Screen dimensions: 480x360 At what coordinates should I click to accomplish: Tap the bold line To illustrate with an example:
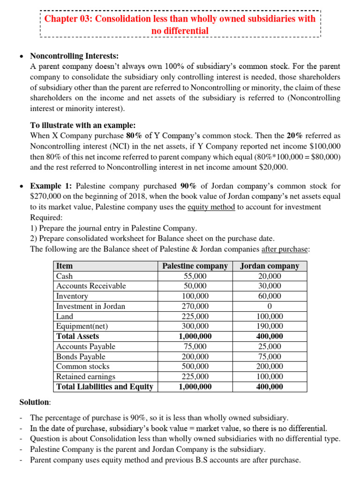tap(83, 126)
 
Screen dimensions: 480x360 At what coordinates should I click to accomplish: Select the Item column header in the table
tap(64, 266)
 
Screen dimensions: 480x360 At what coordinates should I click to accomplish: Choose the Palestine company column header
tap(195, 266)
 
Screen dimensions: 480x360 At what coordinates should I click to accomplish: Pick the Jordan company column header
tap(270, 266)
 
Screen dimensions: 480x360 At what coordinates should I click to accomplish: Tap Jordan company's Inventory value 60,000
tap(270, 296)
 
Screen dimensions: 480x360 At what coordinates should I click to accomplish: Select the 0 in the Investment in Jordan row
tap(270, 306)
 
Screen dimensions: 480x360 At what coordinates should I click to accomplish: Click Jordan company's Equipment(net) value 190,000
tap(270, 326)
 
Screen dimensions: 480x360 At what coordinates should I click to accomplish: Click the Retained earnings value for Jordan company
tap(270, 376)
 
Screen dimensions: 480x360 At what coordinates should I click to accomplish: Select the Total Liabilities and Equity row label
tap(105, 387)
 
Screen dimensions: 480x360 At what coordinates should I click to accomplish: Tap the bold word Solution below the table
tap(34, 402)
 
